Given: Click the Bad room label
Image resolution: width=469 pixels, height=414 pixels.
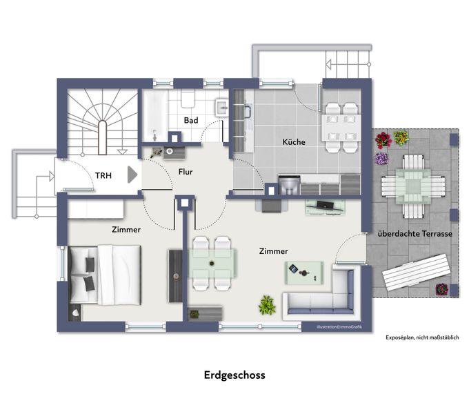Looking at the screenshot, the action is click(x=191, y=120).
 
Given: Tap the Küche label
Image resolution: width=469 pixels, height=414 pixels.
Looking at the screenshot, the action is click(x=294, y=141).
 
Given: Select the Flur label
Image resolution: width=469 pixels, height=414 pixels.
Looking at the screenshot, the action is click(x=186, y=172).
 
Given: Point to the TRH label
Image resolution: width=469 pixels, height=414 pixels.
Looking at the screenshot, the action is click(x=103, y=175).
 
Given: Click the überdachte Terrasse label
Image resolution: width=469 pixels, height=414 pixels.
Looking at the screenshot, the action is click(x=415, y=234).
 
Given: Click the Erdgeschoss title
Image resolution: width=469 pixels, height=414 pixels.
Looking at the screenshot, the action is click(x=234, y=375).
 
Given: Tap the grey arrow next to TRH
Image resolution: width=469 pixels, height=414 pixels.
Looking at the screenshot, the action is click(x=132, y=175).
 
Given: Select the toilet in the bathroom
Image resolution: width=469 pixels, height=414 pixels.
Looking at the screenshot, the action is click(x=188, y=99).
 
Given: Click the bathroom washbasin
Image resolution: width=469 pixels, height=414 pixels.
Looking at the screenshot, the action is click(x=222, y=108).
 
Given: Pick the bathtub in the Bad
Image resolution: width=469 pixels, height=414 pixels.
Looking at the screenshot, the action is click(x=154, y=115).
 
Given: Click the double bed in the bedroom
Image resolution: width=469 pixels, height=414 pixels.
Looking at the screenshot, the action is click(x=105, y=275).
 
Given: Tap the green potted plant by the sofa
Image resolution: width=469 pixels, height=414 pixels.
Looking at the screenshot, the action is click(x=267, y=305).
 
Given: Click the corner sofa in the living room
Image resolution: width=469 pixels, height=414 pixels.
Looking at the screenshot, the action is click(x=319, y=295).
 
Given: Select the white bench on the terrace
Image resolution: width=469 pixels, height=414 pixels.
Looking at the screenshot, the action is click(x=417, y=273).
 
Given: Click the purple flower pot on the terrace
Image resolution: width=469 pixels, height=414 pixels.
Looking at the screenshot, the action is click(x=381, y=159).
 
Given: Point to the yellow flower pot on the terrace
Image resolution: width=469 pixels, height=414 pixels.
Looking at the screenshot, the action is click(x=401, y=138).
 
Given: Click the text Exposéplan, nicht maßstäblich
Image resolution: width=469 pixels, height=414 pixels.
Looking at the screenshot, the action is click(x=422, y=337).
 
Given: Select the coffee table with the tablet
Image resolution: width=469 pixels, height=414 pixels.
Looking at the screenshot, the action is click(x=304, y=273).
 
